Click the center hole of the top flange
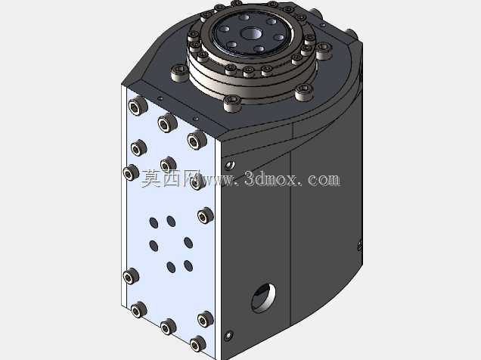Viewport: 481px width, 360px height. (250, 34)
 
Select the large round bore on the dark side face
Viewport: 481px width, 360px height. (263, 298)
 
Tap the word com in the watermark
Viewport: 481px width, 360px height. (324, 179)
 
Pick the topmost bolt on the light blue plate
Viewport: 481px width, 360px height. (138, 105)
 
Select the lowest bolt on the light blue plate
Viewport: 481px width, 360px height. (198, 344)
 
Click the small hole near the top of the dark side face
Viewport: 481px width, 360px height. (230, 165)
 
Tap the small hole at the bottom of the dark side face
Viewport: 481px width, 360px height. (228, 336)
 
